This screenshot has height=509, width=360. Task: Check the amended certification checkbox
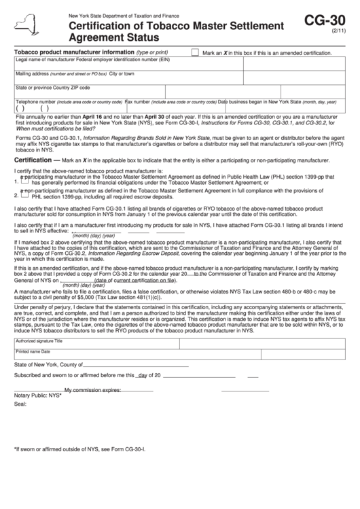coord(195,52)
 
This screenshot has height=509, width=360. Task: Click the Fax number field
coord(170,107)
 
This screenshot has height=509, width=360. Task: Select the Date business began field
coord(278,107)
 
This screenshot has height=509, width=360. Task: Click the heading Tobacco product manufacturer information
coord(73,52)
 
